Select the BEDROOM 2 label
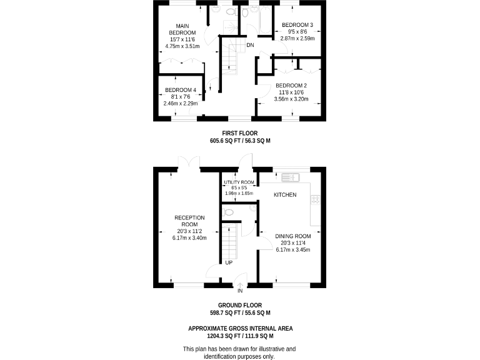pos(291,86)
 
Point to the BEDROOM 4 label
pos(181,90)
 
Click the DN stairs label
pos(250,46)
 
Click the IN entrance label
pos(240,291)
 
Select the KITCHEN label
pos(285,196)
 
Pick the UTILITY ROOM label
pos(239,182)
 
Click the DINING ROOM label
pos(293,236)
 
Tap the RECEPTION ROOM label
pos(189,221)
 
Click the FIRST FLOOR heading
pos(239,133)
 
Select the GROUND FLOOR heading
pos(239,305)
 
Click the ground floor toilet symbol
pos(229,212)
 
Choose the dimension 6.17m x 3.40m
pos(189,237)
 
